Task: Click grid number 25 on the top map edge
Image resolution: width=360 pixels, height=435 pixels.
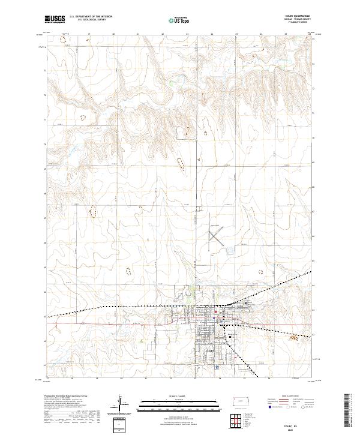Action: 237,34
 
